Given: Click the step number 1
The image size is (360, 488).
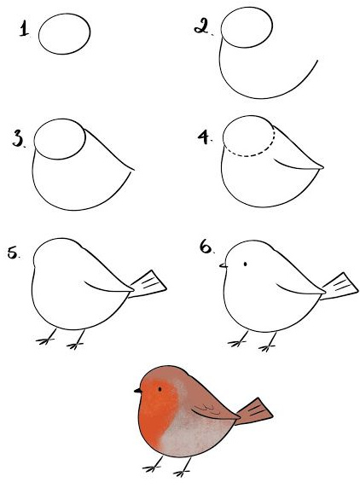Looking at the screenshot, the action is pyautogui.click(x=24, y=29).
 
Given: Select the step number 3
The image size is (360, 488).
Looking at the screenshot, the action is pyautogui.click(x=18, y=138).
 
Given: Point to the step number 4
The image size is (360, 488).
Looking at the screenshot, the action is pyautogui.click(x=204, y=137).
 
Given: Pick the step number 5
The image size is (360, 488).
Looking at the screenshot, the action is pyautogui.click(x=13, y=252).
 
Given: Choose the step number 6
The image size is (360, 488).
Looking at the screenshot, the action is pyautogui.click(x=206, y=247).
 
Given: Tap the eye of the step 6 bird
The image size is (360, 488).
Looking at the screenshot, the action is pyautogui.click(x=245, y=264).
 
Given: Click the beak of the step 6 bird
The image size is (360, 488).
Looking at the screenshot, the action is pyautogui.click(x=224, y=265).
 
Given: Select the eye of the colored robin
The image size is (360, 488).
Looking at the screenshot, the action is pyautogui.click(x=160, y=389).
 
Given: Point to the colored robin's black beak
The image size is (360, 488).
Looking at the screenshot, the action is pyautogui.click(x=138, y=390).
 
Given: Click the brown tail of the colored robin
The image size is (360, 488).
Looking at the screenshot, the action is pyautogui.click(x=253, y=411).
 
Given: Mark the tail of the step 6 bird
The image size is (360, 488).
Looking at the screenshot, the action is pyautogui.click(x=340, y=287).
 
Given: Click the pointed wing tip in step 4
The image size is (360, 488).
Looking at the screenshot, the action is pyautogui.click(x=322, y=167).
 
